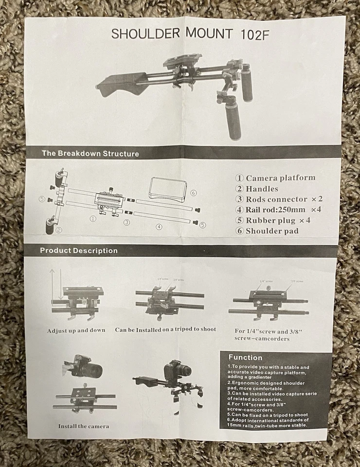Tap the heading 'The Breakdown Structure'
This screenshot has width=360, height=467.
click(x=90, y=153)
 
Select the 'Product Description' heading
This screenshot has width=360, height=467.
click(x=79, y=251)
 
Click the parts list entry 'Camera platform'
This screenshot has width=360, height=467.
click(x=275, y=178)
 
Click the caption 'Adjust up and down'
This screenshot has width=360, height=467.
click(x=76, y=330)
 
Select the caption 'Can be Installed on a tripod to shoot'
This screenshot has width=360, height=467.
click(x=165, y=330)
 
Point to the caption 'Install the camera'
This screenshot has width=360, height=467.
click(x=84, y=426)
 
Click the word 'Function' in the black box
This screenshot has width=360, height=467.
click(x=245, y=358)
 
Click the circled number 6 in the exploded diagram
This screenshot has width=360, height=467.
click(x=194, y=193)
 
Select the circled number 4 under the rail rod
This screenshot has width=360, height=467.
click(x=159, y=227)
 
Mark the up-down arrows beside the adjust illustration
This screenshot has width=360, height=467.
click(x=55, y=285)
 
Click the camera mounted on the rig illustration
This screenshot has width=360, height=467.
click(x=176, y=371)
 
